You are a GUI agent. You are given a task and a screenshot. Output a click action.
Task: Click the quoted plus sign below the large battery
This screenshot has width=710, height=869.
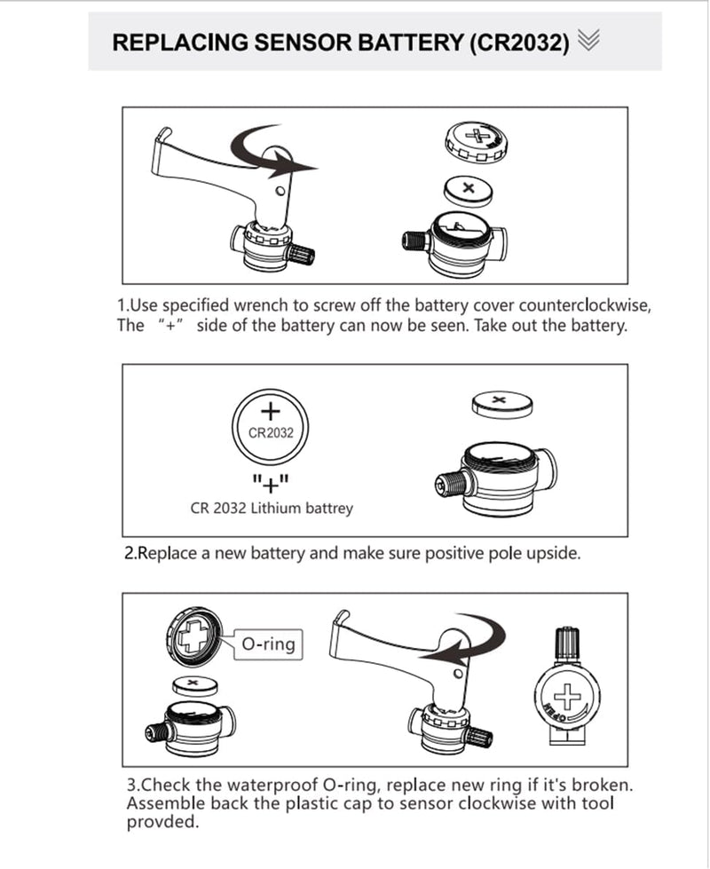[x=270, y=483]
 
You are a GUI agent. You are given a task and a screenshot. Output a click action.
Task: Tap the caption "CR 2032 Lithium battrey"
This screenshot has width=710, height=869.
[x=272, y=509]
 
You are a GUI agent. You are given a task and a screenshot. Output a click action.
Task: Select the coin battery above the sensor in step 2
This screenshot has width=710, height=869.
[x=502, y=404]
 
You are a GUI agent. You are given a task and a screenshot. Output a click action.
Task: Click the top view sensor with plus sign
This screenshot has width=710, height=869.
[x=564, y=692]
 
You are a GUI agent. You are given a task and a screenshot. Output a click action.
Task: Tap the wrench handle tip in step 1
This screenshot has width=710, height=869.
[x=161, y=136]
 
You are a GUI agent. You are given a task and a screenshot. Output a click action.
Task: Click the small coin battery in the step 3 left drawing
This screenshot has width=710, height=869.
[x=194, y=684]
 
